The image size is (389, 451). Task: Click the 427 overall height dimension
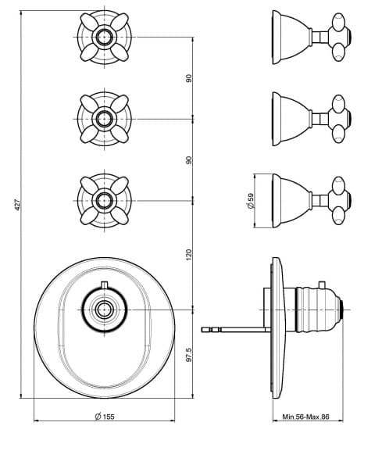[17, 205]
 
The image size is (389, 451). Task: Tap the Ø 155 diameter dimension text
[105, 416]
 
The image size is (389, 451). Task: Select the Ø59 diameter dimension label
[251, 200]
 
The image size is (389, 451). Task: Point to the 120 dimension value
[188, 255]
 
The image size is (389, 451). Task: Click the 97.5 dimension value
[188, 355]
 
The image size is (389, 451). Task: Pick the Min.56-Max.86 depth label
[305, 417]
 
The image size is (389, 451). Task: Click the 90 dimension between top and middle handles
[188, 78]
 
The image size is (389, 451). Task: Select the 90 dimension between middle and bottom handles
[188, 160]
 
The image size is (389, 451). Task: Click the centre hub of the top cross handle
[104, 37]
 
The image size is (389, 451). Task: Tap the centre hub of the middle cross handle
[104, 119]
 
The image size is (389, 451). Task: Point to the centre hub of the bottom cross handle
[104, 200]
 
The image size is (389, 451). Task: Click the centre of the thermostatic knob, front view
[104, 310]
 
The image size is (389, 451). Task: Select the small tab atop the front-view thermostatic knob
[104, 285]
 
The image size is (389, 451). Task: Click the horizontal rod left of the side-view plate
[236, 330]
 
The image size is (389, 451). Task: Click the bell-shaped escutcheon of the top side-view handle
[291, 37]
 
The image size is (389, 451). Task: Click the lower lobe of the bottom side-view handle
[338, 216]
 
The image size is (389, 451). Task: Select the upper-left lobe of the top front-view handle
[89, 22]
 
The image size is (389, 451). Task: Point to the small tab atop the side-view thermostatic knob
[322, 285]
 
